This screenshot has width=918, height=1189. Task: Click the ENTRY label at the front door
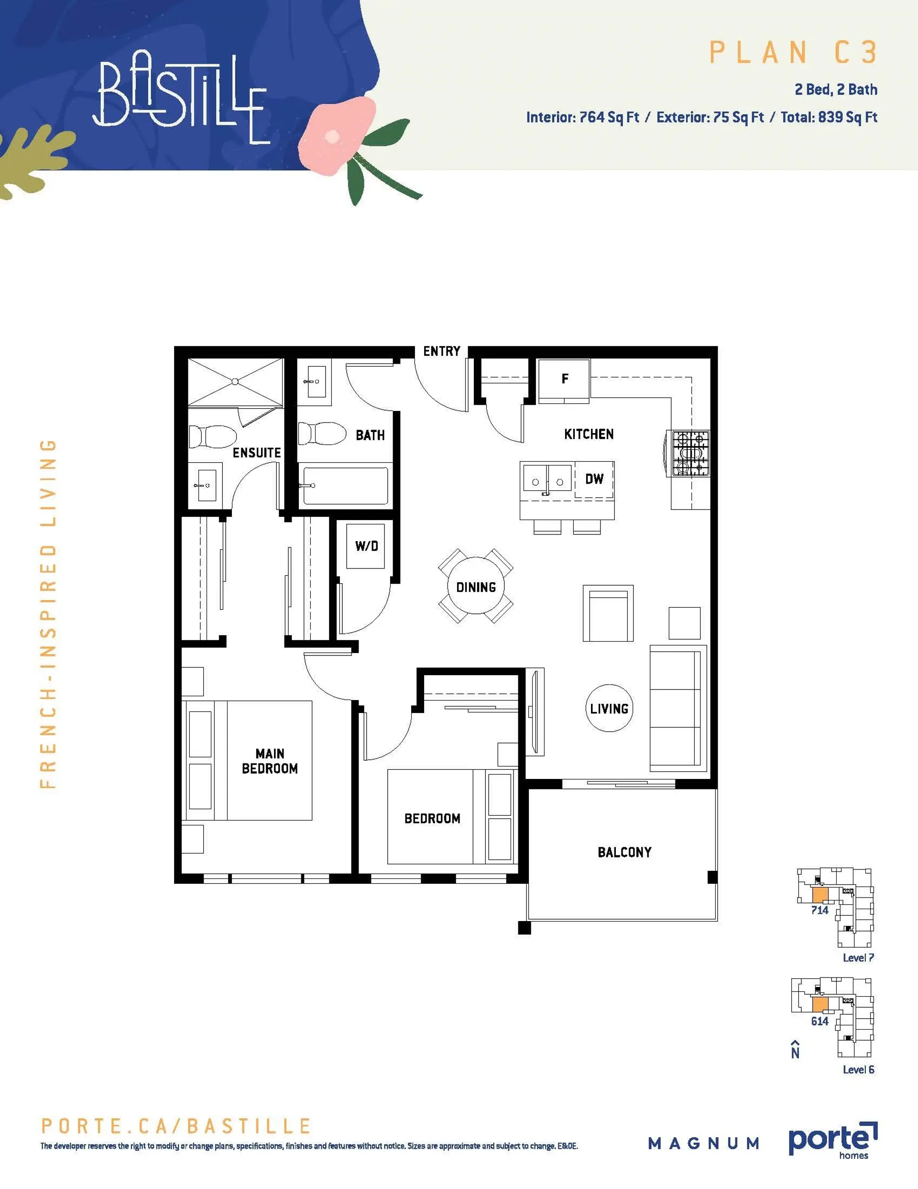click(441, 351)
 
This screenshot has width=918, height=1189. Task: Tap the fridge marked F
click(564, 379)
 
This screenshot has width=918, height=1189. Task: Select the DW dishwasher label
click(594, 479)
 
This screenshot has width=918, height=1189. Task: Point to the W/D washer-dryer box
click(366, 546)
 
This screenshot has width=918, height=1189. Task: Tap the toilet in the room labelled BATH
click(322, 434)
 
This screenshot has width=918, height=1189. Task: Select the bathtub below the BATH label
click(346, 485)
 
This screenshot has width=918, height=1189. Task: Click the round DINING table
click(476, 587)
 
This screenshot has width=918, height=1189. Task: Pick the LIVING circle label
click(610, 708)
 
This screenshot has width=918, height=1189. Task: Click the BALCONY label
click(624, 853)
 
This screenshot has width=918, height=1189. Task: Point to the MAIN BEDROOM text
click(270, 761)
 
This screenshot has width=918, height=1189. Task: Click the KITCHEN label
click(589, 434)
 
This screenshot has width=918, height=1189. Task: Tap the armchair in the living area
click(608, 613)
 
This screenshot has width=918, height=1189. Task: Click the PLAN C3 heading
click(793, 53)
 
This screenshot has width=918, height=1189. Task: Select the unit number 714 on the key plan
click(820, 910)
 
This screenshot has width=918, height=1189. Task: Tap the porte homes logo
click(832, 1140)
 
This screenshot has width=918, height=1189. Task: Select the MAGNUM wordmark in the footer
click(704, 1143)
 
